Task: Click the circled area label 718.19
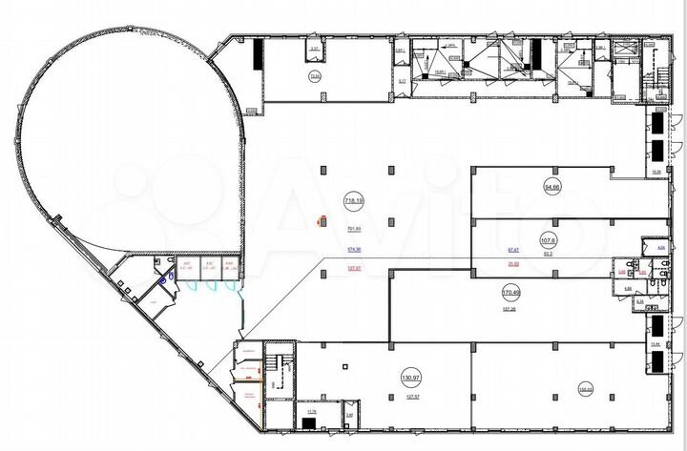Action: click(353, 200)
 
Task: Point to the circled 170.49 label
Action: click(510, 290)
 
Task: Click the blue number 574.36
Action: click(354, 250)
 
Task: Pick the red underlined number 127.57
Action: click(354, 269)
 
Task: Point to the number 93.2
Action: click(548, 254)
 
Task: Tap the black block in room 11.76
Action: click(308, 423)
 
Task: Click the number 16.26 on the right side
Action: click(656, 172)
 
